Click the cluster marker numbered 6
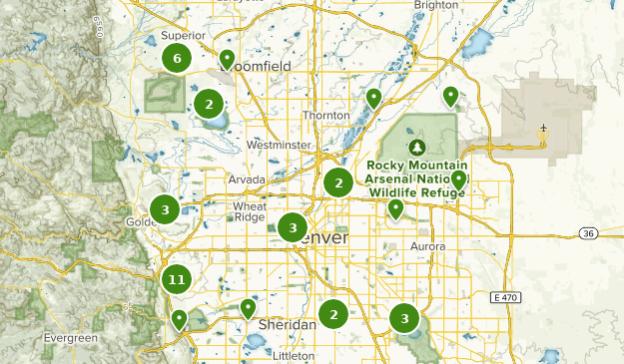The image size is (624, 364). (x=177, y=59)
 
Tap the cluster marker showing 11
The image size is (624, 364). (x=177, y=280)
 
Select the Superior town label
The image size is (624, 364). (x=182, y=36)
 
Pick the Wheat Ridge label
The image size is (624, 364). (x=249, y=211)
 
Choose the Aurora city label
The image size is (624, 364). (x=426, y=245)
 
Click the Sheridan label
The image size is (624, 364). (x=287, y=325)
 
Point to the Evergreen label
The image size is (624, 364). (x=71, y=338)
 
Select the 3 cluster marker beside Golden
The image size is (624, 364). (x=165, y=209)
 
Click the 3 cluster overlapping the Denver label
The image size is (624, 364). (x=292, y=228)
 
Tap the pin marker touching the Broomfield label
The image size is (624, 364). (x=227, y=59)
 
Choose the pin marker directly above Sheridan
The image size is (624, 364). (x=248, y=308)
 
